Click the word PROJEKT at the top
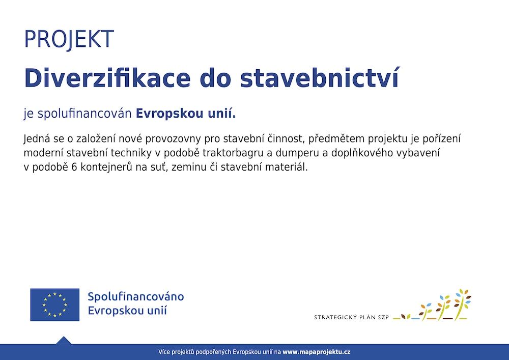click(x=69, y=39)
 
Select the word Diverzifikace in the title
click(x=107, y=78)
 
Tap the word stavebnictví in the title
click(x=320, y=78)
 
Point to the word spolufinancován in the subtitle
click(x=84, y=114)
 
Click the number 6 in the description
click(x=74, y=167)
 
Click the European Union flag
click(x=55, y=305)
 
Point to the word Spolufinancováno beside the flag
click(x=136, y=297)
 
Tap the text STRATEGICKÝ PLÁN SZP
click(x=351, y=317)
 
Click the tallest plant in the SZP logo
click(x=462, y=304)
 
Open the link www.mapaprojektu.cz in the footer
click(x=316, y=352)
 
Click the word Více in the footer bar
click(x=164, y=352)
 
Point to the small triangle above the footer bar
click(x=64, y=340)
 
